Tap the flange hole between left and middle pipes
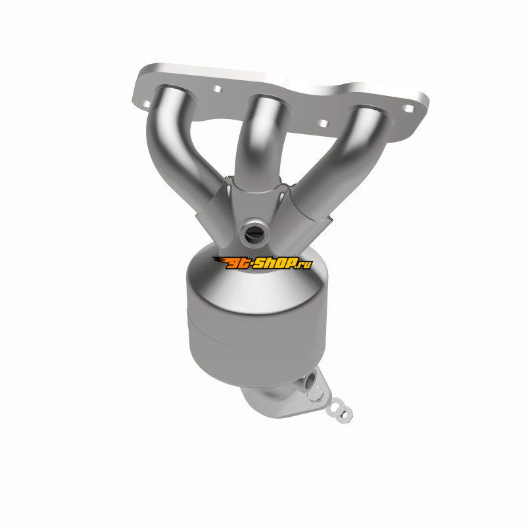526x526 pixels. (x=218, y=89)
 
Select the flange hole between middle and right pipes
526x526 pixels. (x=323, y=124)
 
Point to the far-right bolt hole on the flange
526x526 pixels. (x=408, y=108)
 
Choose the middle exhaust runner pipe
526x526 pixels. (x=262, y=141)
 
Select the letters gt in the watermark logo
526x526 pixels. (x=238, y=264)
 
